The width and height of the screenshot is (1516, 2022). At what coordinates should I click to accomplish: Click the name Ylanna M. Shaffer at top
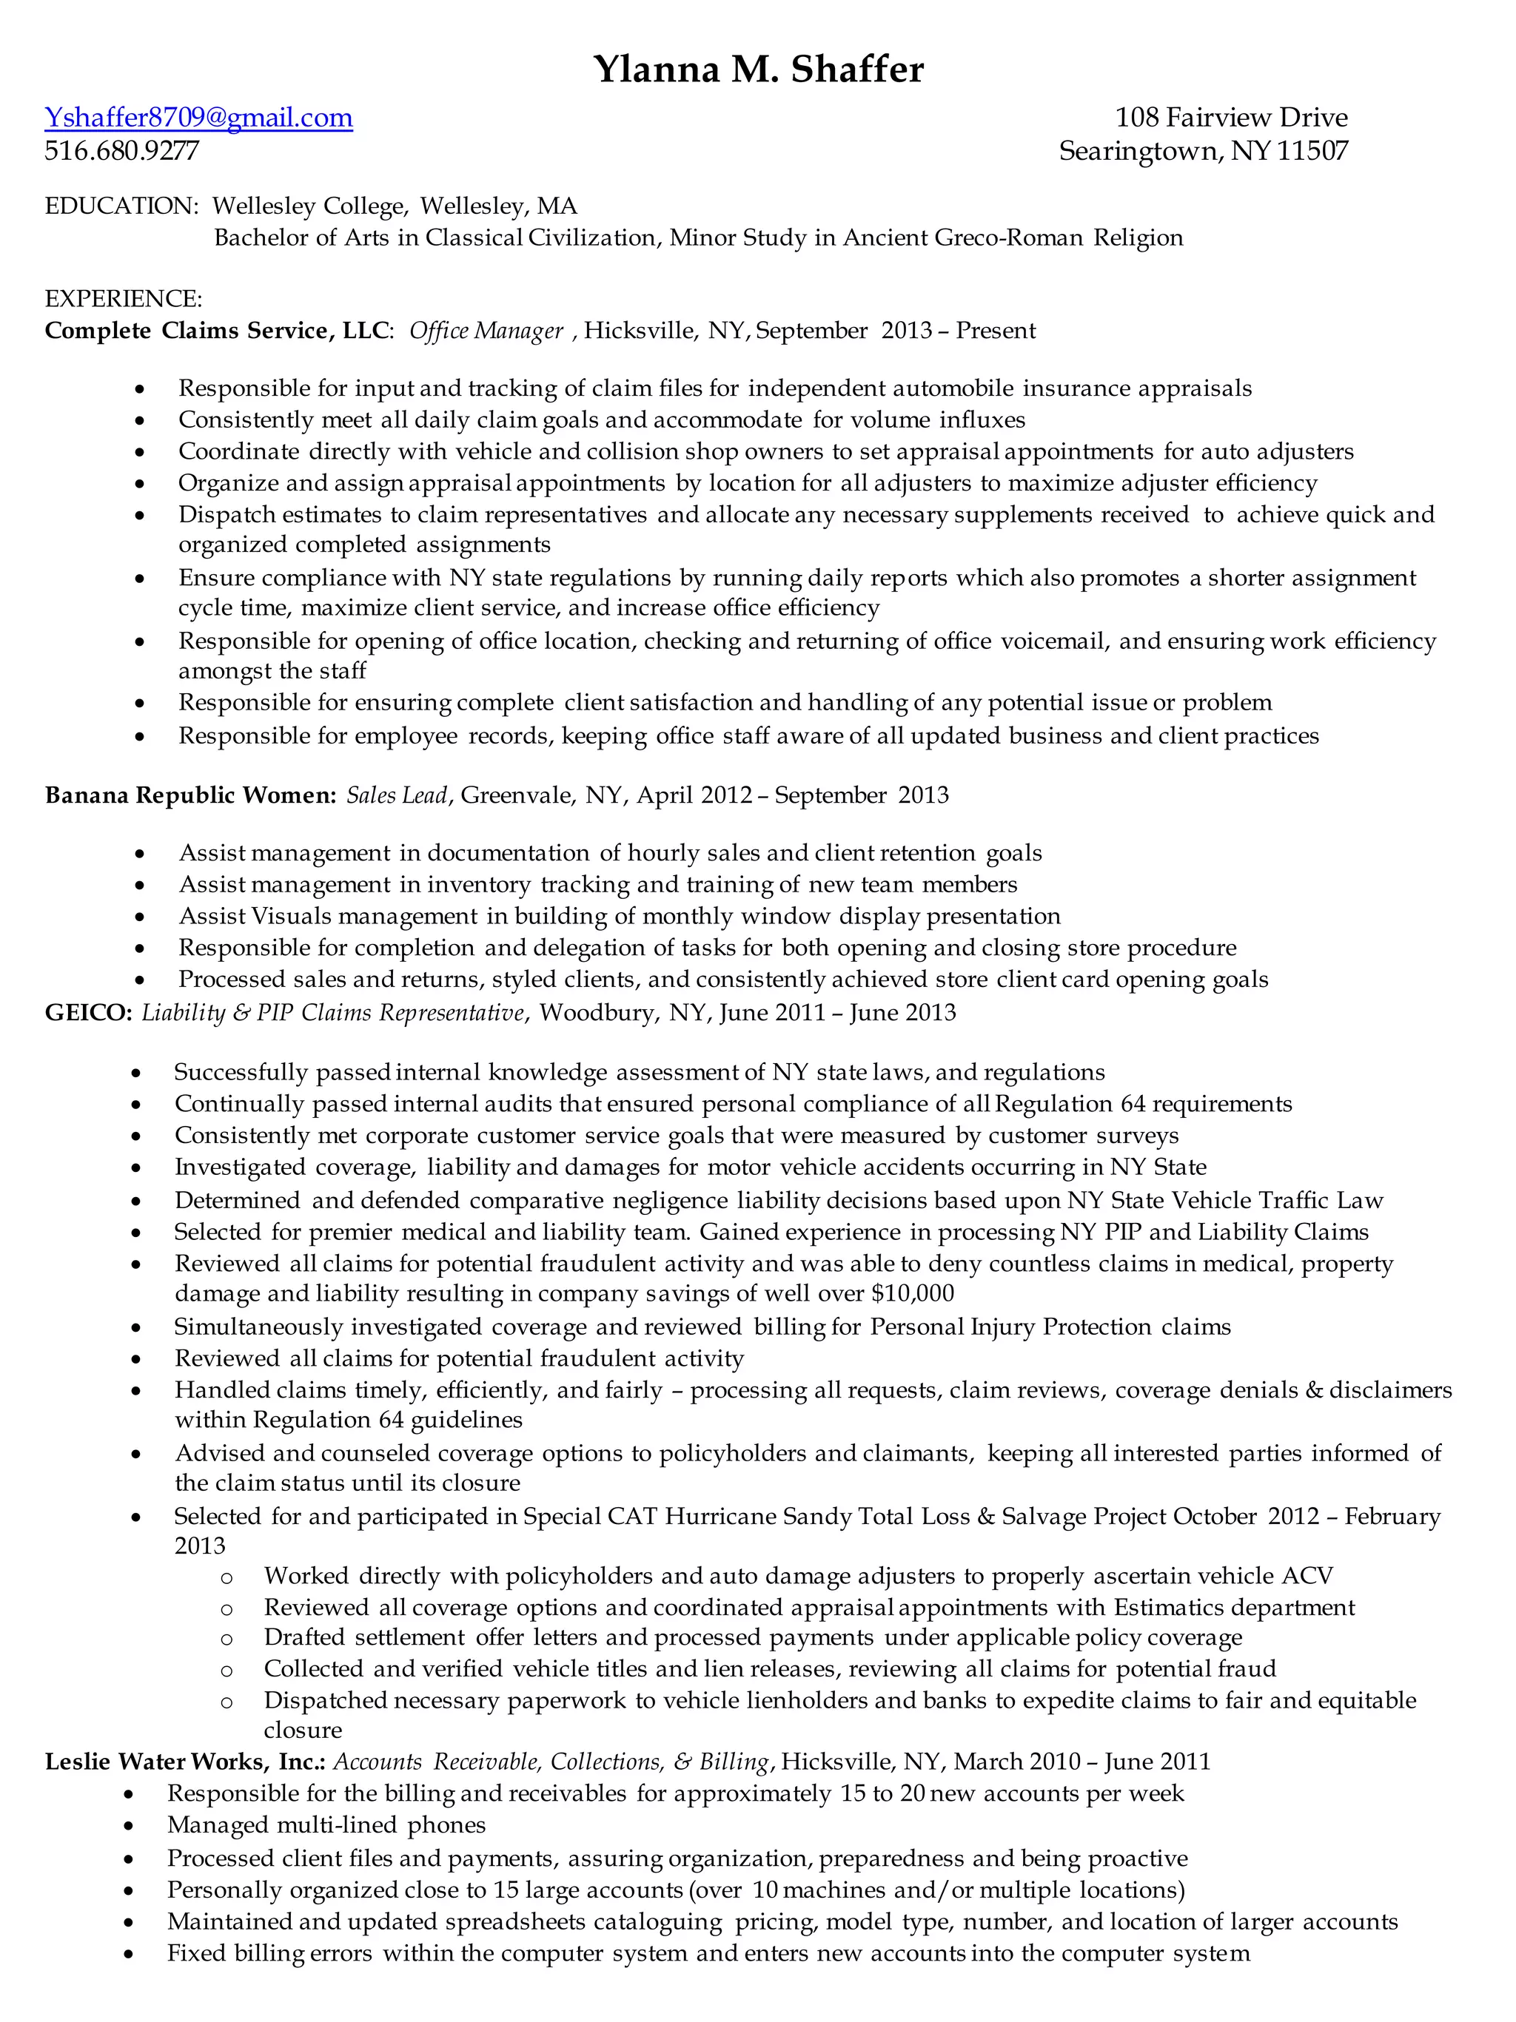coord(758,69)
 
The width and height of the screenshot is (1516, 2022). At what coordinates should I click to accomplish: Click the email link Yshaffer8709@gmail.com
coord(198,118)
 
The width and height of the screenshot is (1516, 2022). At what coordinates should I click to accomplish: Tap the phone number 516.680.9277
coord(121,151)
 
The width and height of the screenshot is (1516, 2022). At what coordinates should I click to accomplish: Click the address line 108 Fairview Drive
coord(1231,118)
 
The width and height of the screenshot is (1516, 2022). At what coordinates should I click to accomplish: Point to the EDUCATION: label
coord(121,206)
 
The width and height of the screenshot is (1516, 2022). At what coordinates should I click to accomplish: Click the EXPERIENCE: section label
coord(124,299)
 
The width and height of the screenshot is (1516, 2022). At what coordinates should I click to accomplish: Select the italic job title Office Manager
coord(486,331)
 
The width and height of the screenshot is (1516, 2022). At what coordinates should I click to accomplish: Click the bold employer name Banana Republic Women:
coord(190,795)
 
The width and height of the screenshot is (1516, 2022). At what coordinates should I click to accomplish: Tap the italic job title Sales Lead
coord(396,795)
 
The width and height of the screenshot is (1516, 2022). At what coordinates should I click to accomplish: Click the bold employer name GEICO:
coord(89,1013)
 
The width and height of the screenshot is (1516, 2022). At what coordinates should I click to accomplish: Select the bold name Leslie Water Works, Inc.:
coord(186,1762)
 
